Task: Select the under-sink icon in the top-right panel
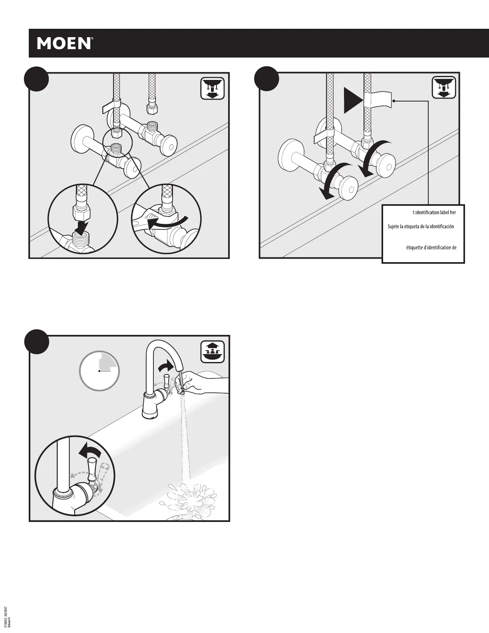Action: coord(444,88)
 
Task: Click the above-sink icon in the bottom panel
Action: coord(212,352)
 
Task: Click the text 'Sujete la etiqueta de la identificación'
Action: coord(421,227)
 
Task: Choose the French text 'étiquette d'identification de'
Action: coord(425,247)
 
